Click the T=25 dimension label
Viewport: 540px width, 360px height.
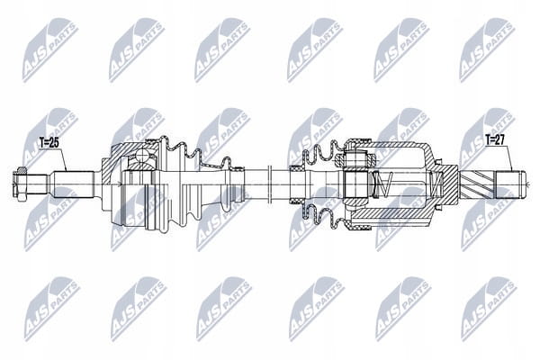coord(49,143)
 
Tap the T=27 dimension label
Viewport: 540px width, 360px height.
coord(495,139)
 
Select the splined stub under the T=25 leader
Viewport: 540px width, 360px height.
coord(73,184)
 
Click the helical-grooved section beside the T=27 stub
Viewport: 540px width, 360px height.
coord(477,185)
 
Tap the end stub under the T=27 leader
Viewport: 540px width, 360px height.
coord(510,185)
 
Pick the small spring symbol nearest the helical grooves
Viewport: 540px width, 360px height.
coord(436,184)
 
